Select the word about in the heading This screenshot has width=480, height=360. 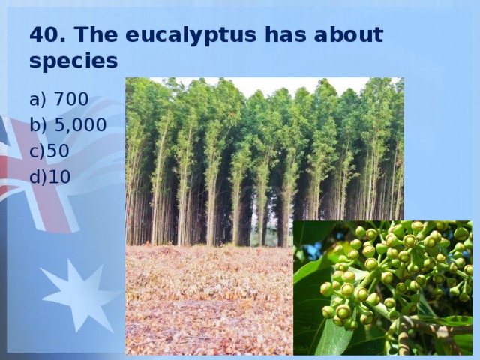point(348,34)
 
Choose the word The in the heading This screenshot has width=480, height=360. point(95,34)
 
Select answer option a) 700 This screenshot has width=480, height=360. point(58,99)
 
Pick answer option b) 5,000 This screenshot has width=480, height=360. point(68,125)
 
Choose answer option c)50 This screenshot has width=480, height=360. point(49,151)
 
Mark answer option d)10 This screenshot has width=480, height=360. point(50,177)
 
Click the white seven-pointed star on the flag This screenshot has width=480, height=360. point(79,295)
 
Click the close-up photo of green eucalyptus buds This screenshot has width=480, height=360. point(382,288)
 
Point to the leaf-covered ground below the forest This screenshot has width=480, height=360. point(209,300)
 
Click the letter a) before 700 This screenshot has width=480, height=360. point(37,100)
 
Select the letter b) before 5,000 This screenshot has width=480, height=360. point(38,125)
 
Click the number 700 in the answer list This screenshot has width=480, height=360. point(71,99)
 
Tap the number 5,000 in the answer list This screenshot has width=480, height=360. point(81,125)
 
